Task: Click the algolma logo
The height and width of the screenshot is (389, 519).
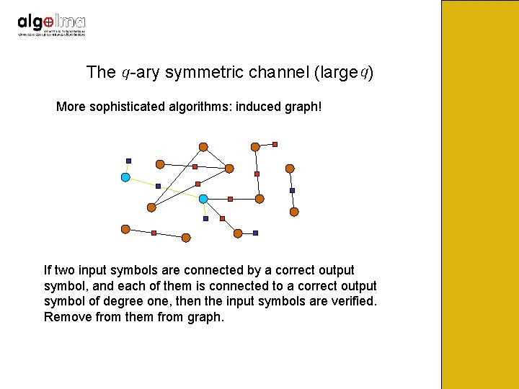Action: coord(51,24)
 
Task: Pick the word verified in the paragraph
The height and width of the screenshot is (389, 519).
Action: coord(353,300)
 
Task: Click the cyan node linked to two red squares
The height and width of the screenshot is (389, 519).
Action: coord(203,198)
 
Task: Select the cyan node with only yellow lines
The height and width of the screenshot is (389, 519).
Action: coord(125,176)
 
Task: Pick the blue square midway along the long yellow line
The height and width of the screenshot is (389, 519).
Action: coord(158,186)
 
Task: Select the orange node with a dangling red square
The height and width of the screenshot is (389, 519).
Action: coord(255,147)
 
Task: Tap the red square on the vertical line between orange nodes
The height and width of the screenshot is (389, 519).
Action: coord(257,174)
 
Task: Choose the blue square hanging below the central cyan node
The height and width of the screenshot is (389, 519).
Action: coord(205,218)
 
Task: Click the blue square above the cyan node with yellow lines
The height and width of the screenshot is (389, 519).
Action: coord(128,160)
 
